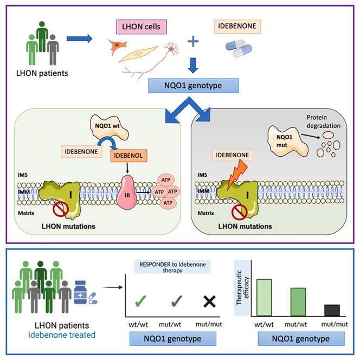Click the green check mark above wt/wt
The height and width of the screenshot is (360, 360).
[x=140, y=301]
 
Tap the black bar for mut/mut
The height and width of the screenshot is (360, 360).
[x=332, y=310]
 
